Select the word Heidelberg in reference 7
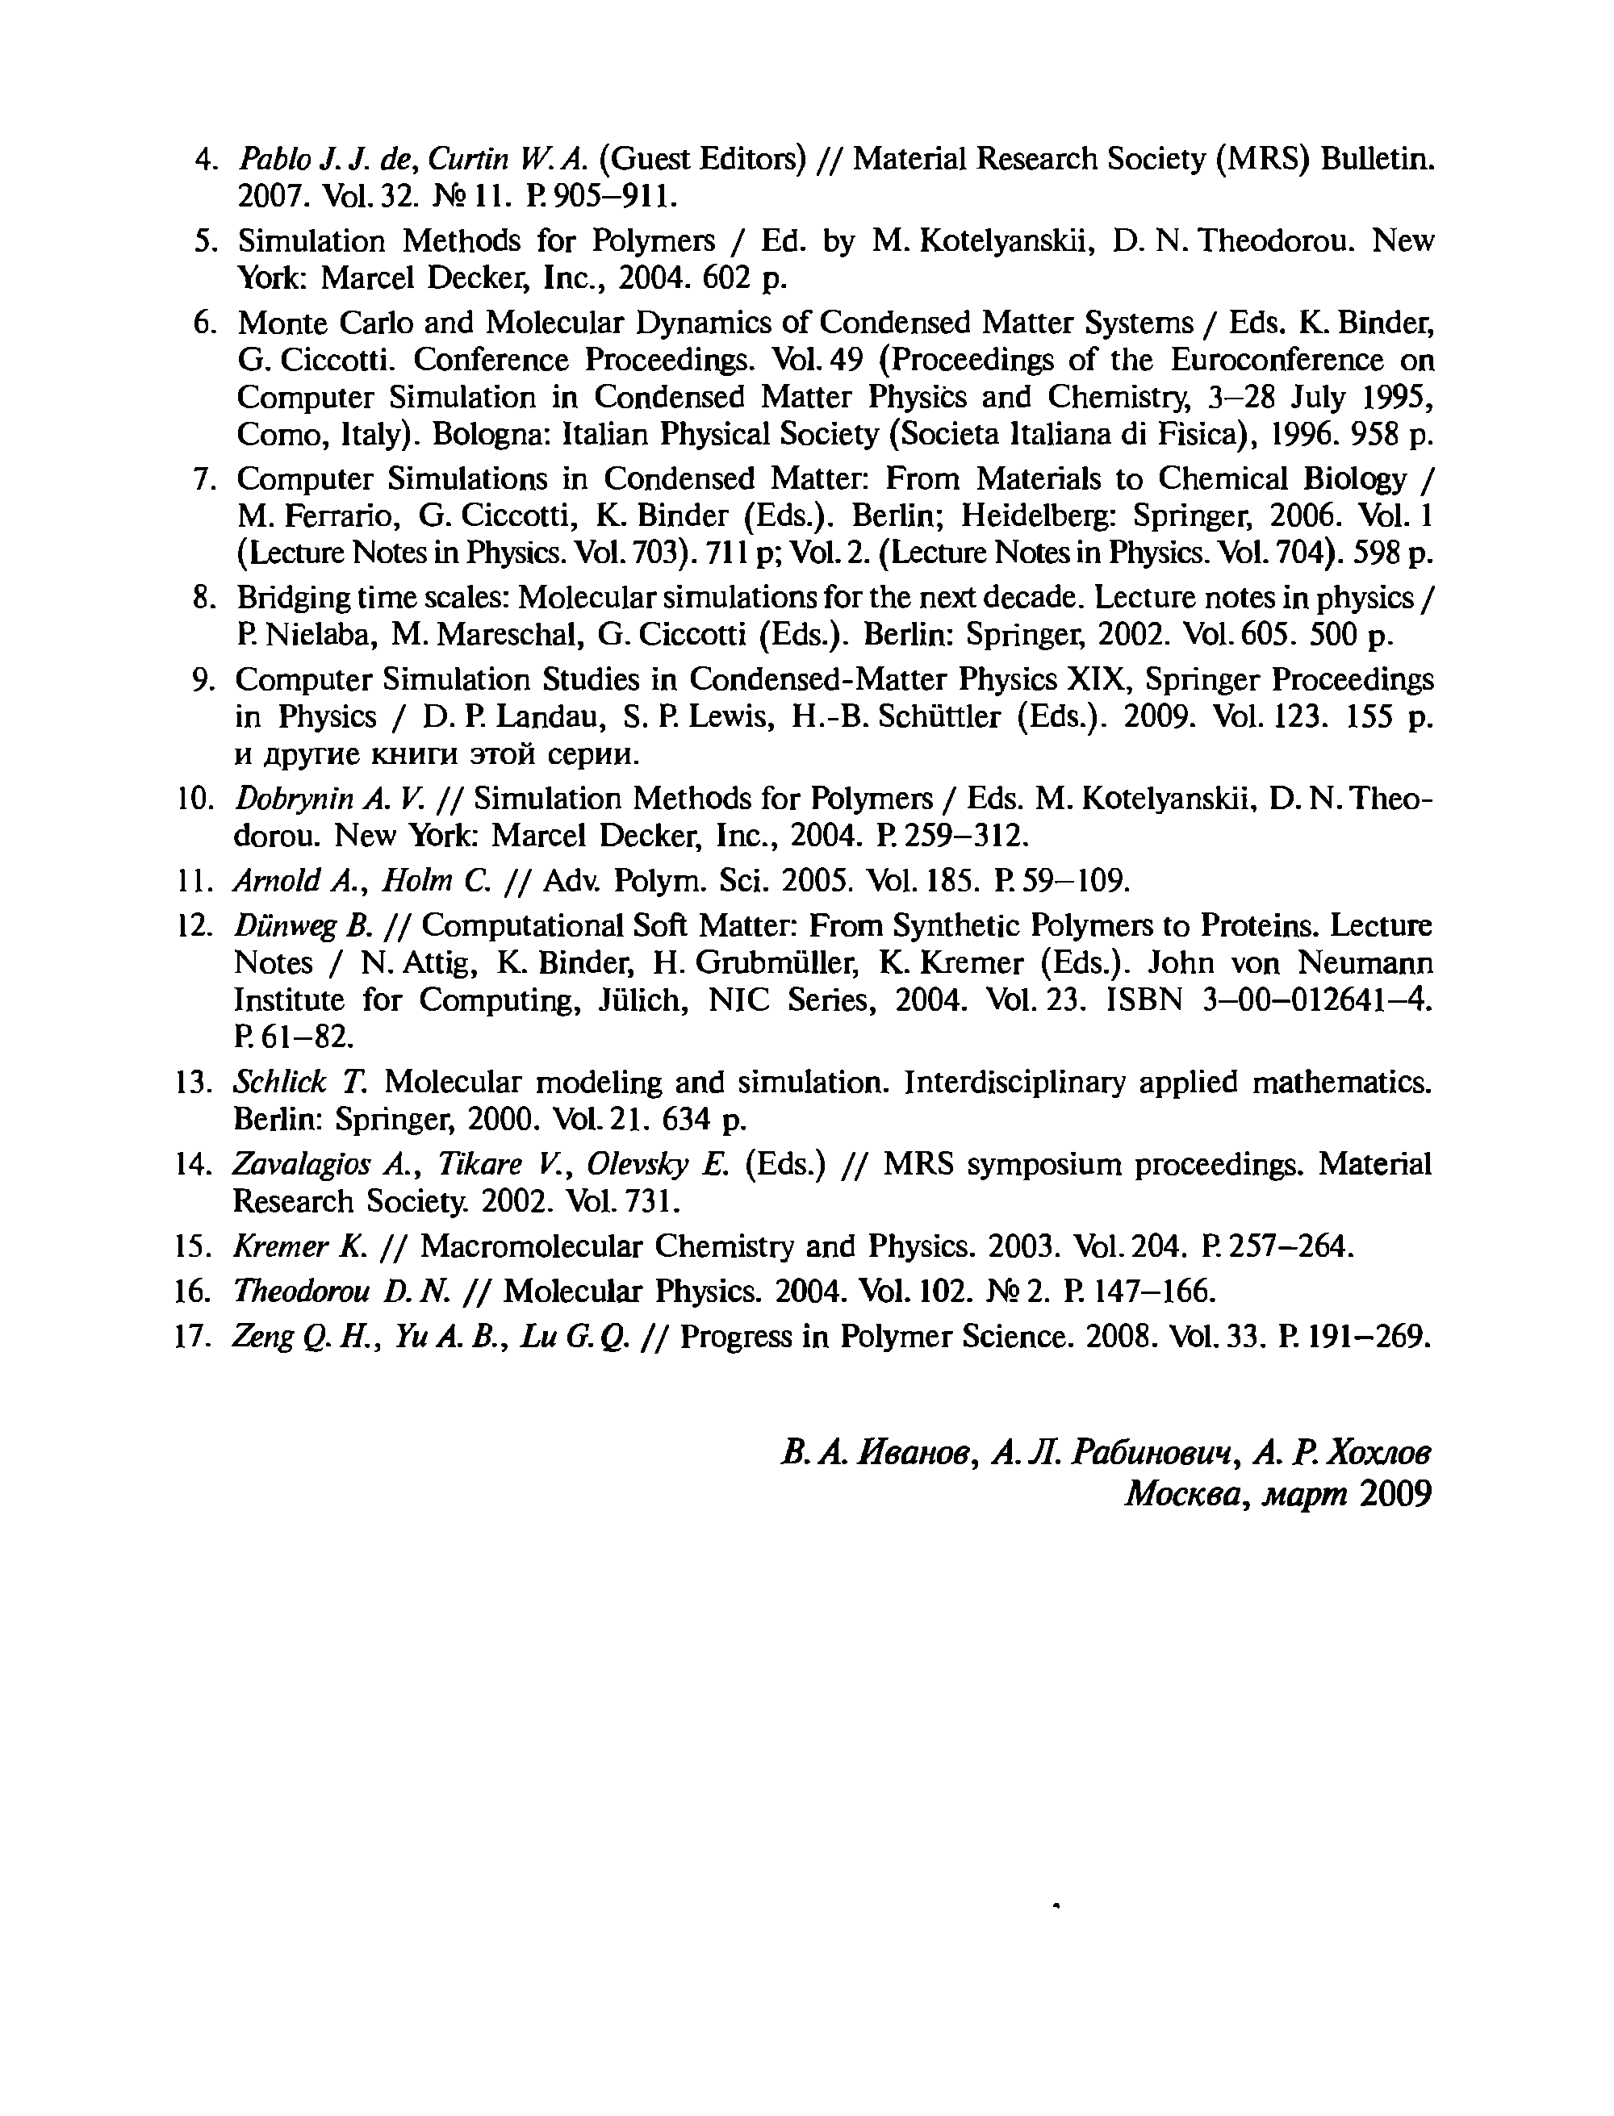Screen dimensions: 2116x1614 click(x=1040, y=517)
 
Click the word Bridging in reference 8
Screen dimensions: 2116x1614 click(x=292, y=599)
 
